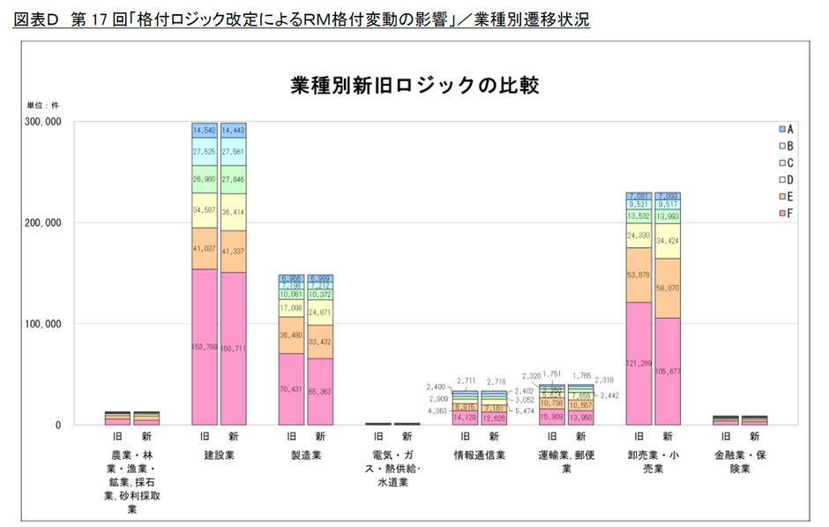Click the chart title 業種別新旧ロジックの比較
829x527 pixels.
click(414, 86)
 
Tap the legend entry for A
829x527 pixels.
click(784, 129)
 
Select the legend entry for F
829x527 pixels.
click(784, 213)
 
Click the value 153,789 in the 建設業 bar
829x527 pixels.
click(205, 347)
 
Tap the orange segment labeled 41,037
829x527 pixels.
click(205, 248)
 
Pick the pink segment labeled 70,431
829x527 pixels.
click(291, 388)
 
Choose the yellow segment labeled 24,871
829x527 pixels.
click(319, 312)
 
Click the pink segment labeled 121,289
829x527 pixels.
click(639, 363)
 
